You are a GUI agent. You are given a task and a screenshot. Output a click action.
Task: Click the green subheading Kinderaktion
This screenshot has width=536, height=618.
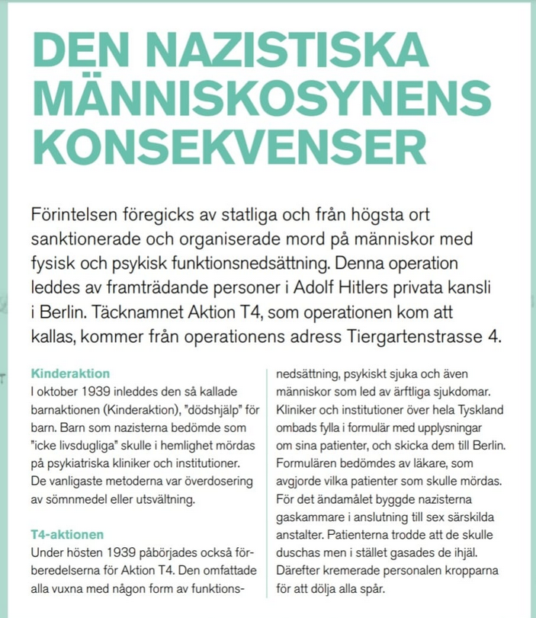[x=70, y=374]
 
